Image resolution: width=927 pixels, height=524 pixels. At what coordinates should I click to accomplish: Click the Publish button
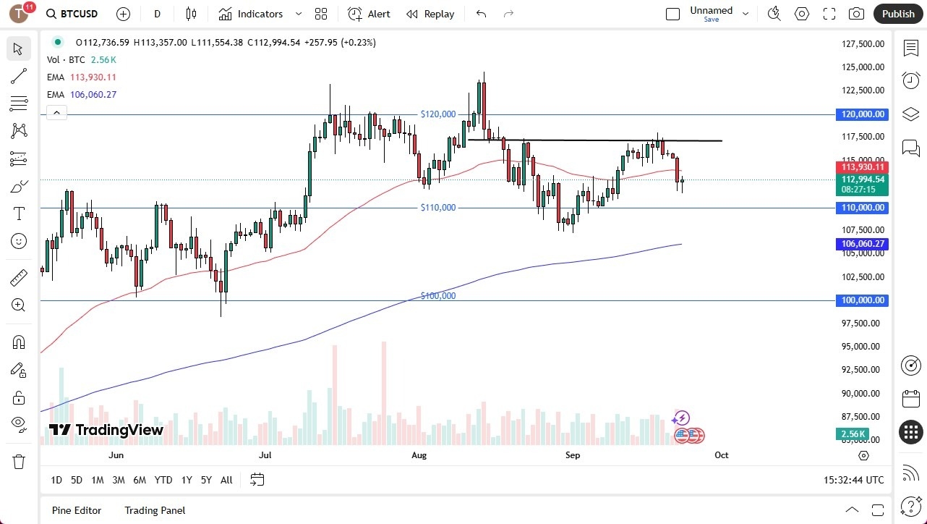pyautogui.click(x=898, y=14)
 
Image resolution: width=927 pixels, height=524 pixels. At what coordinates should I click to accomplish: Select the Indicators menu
pyautogui.click(x=260, y=14)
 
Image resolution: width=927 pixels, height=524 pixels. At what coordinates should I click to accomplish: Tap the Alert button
pyautogui.click(x=369, y=14)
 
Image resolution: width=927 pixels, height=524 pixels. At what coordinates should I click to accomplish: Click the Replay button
pyautogui.click(x=430, y=14)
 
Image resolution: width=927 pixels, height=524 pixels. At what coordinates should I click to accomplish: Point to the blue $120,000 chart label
pyautogui.click(x=438, y=114)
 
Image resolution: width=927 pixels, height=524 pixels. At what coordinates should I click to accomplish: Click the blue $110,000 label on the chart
pyautogui.click(x=438, y=208)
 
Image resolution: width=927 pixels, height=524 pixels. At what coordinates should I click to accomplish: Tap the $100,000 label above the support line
pyautogui.click(x=438, y=296)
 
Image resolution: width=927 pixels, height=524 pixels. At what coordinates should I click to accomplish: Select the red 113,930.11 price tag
pyautogui.click(x=863, y=167)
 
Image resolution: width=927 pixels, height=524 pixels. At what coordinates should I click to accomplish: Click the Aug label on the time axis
pyautogui.click(x=419, y=455)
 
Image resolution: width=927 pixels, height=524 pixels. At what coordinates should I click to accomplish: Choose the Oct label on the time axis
pyautogui.click(x=721, y=455)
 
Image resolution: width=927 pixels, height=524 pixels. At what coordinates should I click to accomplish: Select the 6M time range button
pyautogui.click(x=140, y=480)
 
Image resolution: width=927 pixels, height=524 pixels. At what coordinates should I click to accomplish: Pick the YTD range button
pyautogui.click(x=163, y=480)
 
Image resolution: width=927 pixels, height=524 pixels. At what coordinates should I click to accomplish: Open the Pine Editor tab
pyautogui.click(x=77, y=510)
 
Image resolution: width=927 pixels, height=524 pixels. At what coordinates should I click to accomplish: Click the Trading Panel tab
pyautogui.click(x=155, y=510)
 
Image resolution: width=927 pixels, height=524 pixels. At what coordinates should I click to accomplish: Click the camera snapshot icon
pyautogui.click(x=856, y=14)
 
